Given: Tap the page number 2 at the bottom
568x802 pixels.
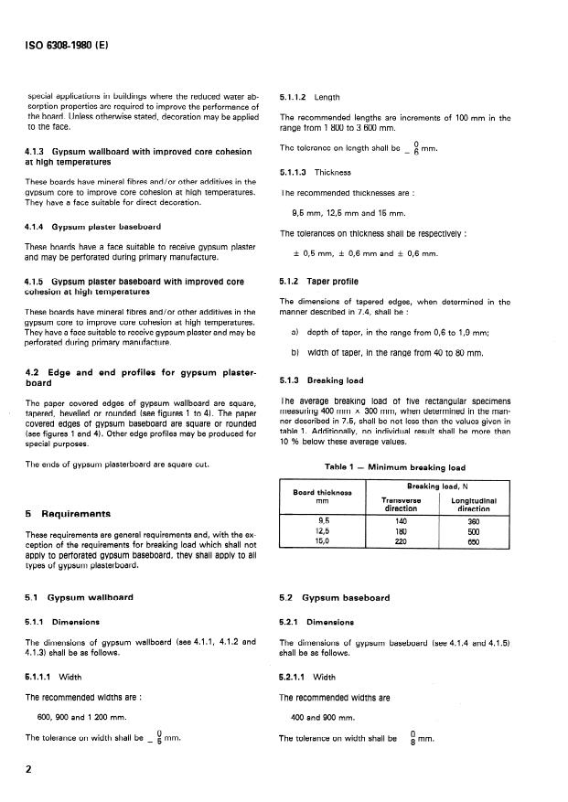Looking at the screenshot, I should click(x=28, y=769).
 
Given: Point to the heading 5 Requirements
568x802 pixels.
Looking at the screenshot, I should click(x=71, y=514).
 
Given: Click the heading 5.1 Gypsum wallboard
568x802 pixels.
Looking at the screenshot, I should click(x=80, y=597).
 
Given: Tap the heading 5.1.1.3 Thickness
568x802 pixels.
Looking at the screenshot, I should click(x=315, y=172).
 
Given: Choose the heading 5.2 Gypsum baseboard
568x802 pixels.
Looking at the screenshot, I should click(x=334, y=597).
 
